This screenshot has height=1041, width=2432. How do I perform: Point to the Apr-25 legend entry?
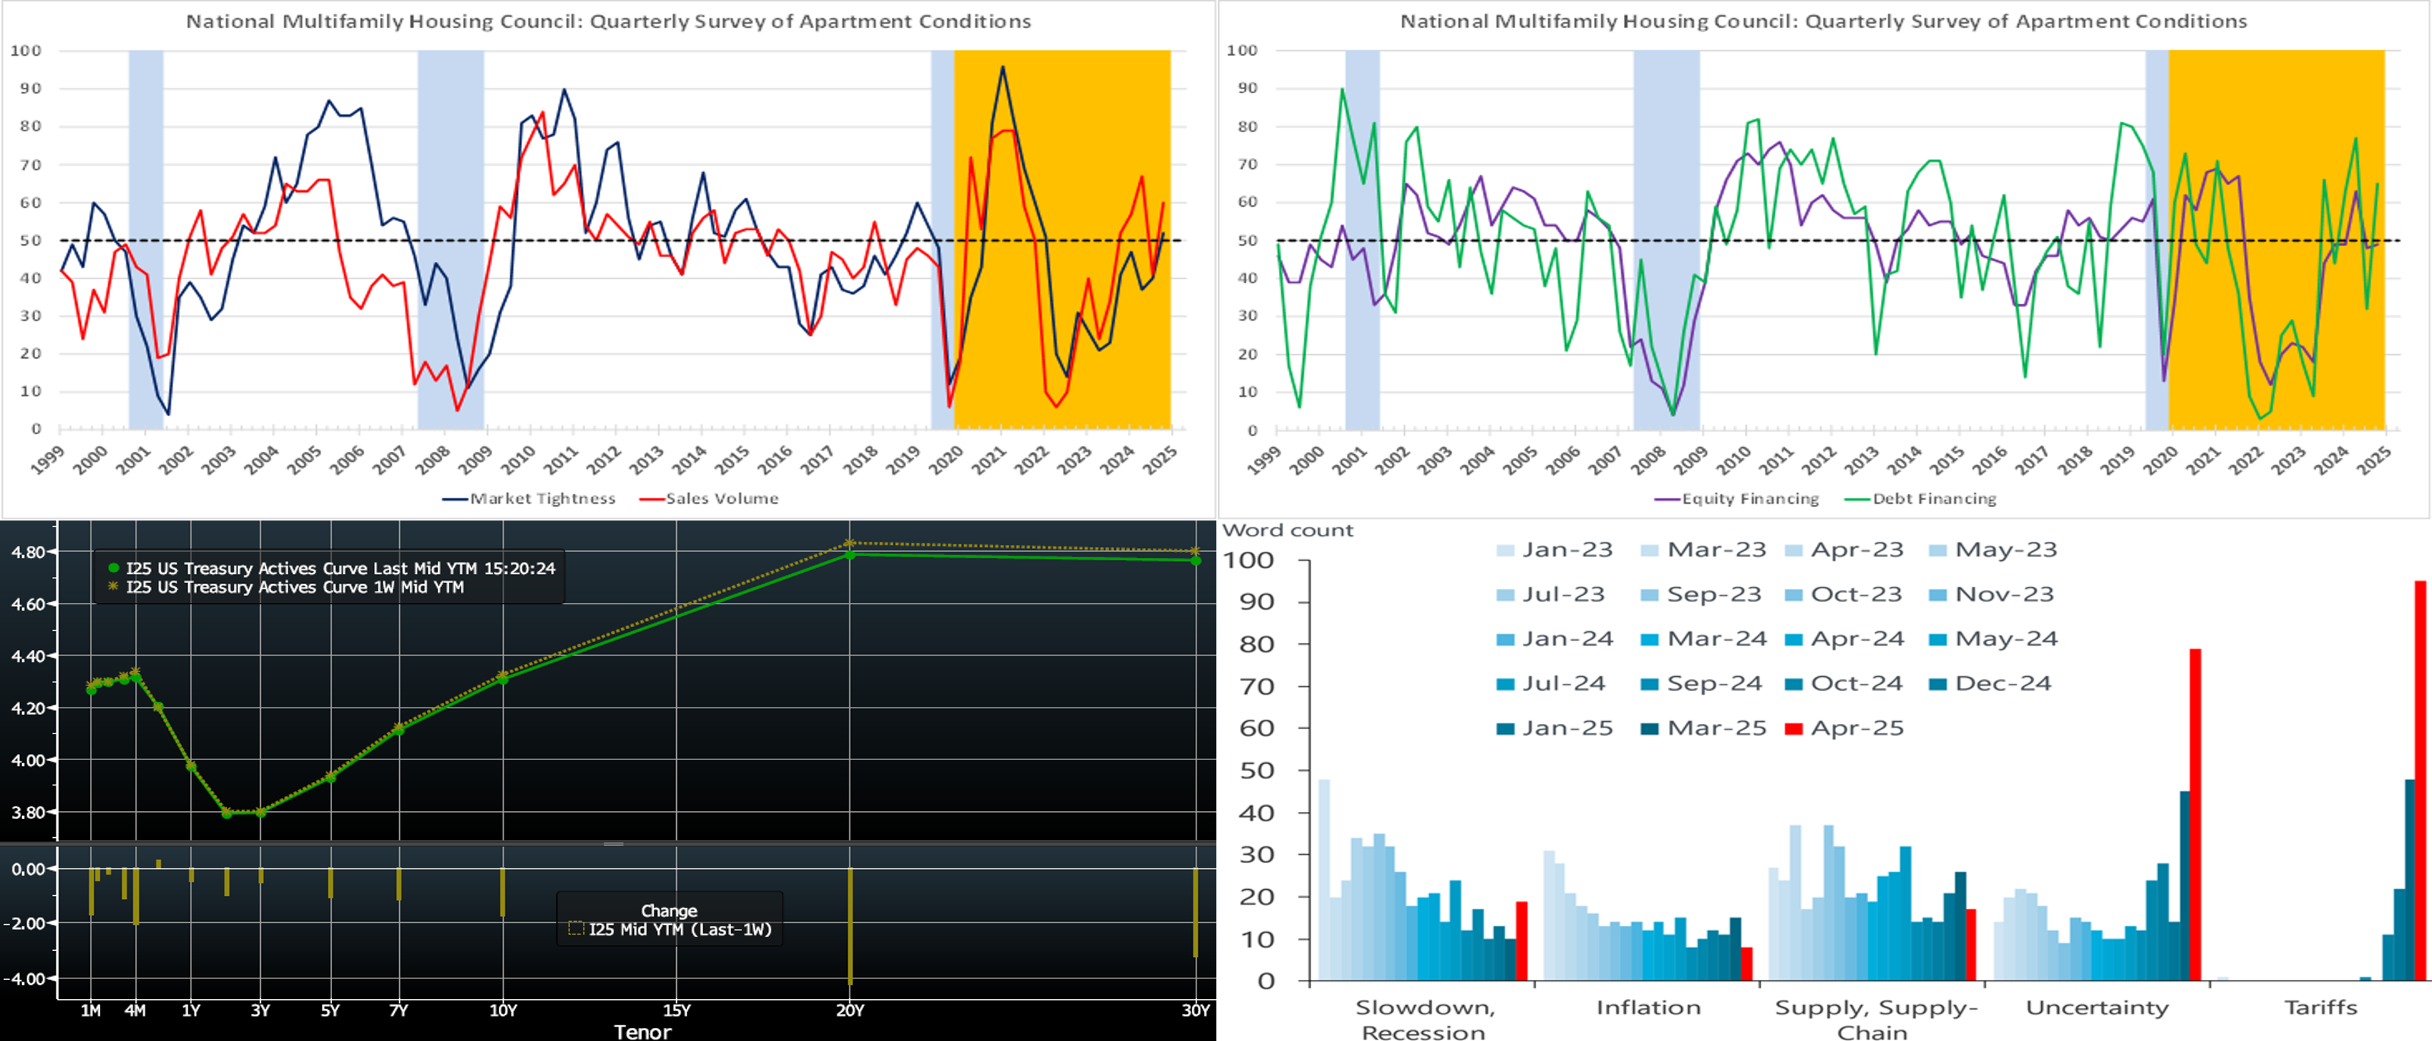[1856, 728]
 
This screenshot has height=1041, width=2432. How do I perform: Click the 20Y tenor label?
[849, 1010]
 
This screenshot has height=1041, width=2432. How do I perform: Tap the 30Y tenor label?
[1195, 1010]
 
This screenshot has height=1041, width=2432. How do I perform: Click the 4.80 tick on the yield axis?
[28, 552]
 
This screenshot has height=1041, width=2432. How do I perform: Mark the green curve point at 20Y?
[849, 555]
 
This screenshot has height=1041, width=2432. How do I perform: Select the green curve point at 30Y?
[1195, 560]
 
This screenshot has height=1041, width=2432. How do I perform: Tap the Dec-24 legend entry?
[2002, 684]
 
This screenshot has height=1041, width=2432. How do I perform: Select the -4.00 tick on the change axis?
[28, 978]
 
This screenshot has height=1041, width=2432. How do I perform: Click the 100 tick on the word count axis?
[1248, 560]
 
